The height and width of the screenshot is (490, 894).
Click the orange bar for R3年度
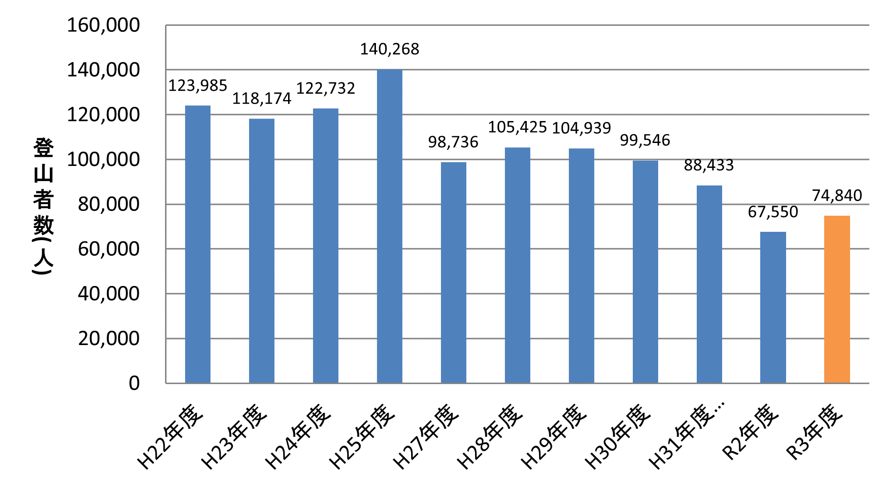click(837, 299)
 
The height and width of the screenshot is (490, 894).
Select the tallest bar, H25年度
click(390, 226)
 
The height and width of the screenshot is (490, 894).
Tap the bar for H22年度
click(198, 244)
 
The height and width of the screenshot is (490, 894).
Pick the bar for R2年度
click(773, 307)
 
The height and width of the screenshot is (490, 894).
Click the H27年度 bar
click(454, 272)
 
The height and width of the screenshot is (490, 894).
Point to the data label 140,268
click(390, 49)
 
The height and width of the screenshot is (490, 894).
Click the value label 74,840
click(837, 196)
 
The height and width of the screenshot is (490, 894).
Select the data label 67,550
click(773, 212)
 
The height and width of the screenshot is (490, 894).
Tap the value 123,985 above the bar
click(198, 86)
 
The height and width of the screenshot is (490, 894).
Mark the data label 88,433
click(709, 165)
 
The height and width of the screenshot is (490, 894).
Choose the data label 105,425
click(518, 127)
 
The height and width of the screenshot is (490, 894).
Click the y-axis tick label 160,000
click(103, 25)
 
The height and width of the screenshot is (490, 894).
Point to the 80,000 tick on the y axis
click(108, 204)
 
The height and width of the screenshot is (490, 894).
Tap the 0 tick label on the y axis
click(134, 384)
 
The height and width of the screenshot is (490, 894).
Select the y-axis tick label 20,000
click(108, 339)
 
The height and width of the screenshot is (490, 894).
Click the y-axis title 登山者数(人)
click(43, 205)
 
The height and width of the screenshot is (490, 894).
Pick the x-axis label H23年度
click(235, 436)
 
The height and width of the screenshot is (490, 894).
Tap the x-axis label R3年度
click(815, 431)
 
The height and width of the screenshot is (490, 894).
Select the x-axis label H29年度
click(554, 436)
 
